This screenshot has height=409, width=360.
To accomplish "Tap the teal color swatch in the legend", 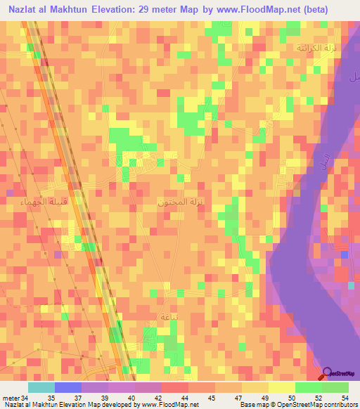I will (x=41, y=387).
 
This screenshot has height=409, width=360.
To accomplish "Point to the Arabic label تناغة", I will (x=150, y=317).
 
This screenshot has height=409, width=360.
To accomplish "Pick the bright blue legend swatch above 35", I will (x=67, y=387).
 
